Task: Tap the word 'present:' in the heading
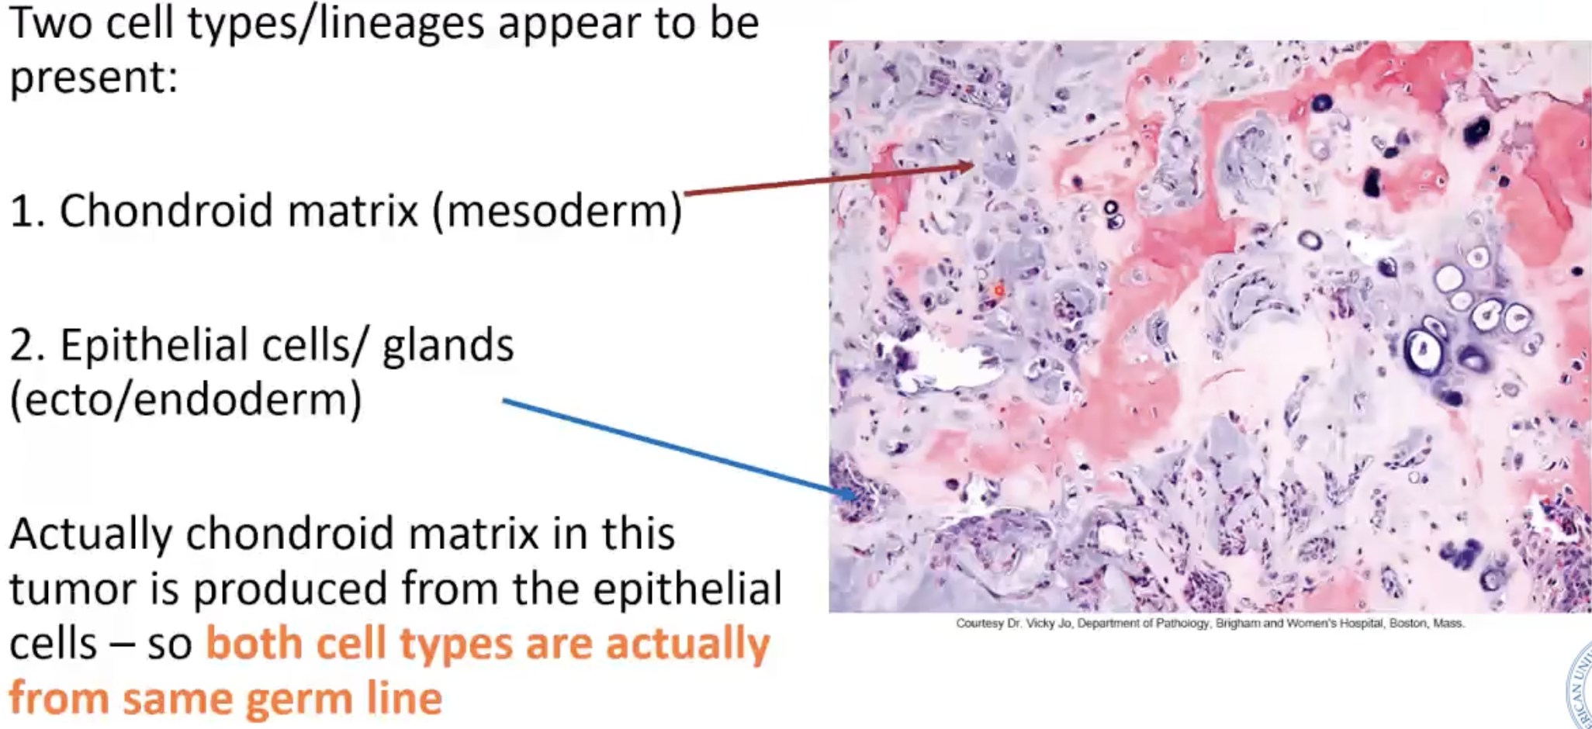coord(93,78)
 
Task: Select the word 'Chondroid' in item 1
coord(166,210)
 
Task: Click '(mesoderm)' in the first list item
coord(557,210)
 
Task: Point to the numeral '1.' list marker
coord(31,210)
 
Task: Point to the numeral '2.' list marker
coord(31,345)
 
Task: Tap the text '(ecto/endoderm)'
coord(185,399)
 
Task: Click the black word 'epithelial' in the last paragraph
coord(687,589)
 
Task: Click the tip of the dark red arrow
coord(973,164)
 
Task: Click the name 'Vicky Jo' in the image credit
coord(1050,623)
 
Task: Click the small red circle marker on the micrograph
coord(999,290)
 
